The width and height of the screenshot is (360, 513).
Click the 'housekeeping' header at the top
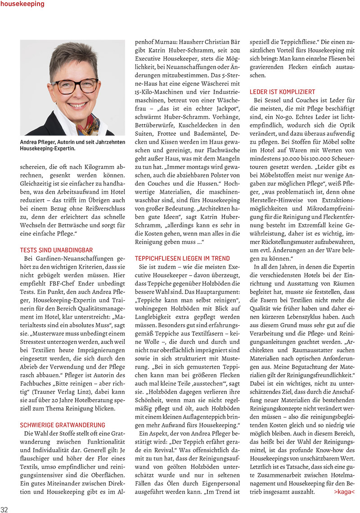coord(22,4)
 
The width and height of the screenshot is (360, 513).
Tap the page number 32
coord(5,509)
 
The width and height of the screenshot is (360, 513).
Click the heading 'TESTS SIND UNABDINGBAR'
coord(56,250)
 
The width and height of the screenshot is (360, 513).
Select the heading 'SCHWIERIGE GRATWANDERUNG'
coord(63,424)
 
